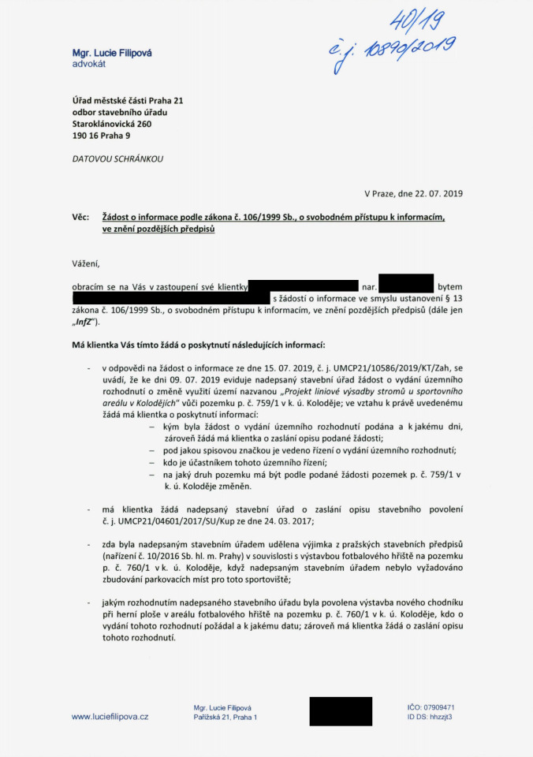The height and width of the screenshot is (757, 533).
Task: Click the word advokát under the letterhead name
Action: click(x=89, y=63)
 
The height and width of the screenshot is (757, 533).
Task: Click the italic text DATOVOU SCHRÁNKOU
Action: click(x=118, y=158)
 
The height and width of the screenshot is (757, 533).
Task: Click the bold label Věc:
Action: click(x=81, y=217)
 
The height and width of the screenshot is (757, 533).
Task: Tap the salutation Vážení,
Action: click(x=86, y=262)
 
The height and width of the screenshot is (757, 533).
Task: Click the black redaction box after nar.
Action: click(x=405, y=283)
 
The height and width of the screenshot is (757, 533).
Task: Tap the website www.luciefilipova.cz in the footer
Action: click(x=110, y=716)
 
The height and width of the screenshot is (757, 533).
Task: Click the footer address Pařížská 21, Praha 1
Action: click(x=225, y=717)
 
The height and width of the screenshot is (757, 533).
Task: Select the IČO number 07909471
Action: click(x=440, y=707)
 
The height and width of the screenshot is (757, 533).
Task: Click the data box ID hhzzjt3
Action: click(x=441, y=717)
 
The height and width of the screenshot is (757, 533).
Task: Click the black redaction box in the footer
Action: click(x=341, y=711)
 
